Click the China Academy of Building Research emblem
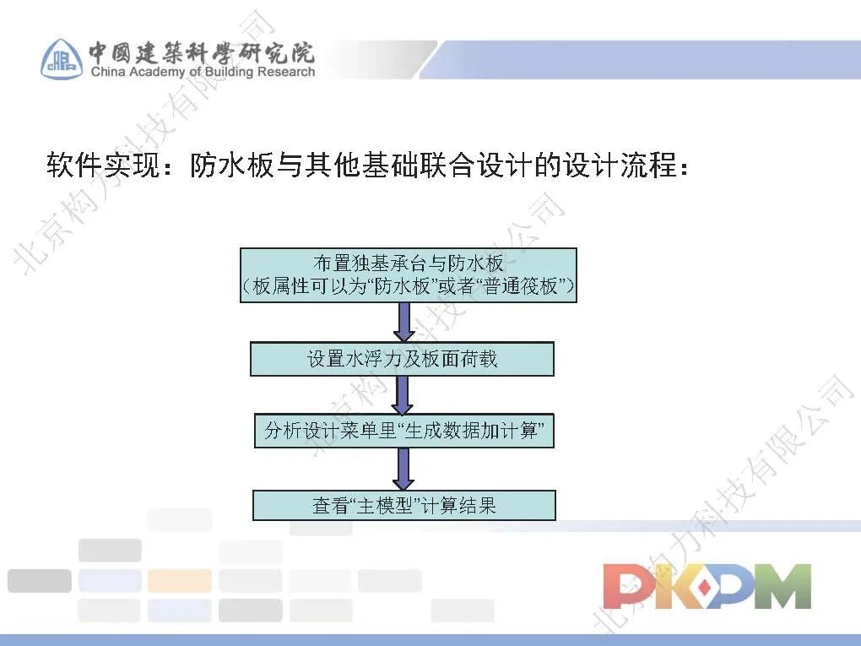[x=62, y=58]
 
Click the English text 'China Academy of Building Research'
[x=203, y=73]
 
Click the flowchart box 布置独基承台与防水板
[x=408, y=274]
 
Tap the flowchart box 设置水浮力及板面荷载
[x=402, y=359]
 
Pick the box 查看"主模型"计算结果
[x=403, y=506]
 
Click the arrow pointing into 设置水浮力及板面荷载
[x=403, y=323]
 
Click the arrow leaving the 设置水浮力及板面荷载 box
[x=403, y=394]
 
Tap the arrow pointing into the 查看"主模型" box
[x=403, y=469]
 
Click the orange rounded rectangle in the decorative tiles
[x=179, y=581]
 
